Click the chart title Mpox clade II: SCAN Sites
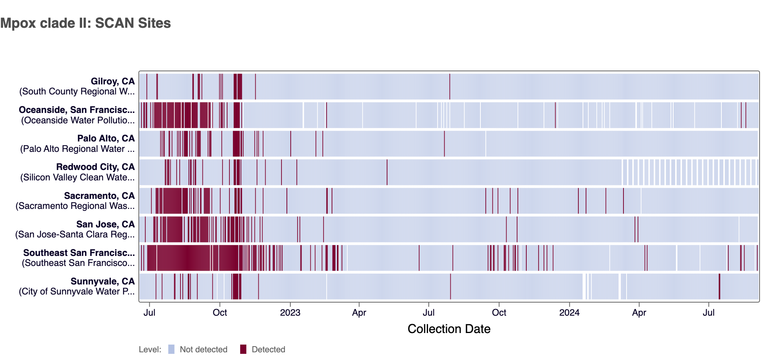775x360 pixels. pos(86,23)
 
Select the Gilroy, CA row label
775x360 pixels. pos(113,81)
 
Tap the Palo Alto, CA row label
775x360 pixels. pos(106,138)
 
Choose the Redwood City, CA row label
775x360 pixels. pos(95,167)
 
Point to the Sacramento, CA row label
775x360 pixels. pos(99,196)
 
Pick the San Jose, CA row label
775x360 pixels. pos(105,224)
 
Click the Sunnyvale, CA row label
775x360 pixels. pos(103,281)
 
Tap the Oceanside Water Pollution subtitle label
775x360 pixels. pos(78,120)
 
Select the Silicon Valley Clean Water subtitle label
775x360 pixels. pos(77,177)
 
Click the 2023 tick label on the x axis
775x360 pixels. pos(290,313)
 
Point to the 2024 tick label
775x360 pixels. pos(569,313)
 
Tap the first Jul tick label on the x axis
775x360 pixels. pos(149,313)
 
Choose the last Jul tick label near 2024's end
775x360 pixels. pos(709,313)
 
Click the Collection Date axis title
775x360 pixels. pos(449,329)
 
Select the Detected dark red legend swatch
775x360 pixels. pos(243,349)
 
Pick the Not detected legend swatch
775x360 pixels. pos(172,349)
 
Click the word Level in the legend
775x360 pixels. pos(150,350)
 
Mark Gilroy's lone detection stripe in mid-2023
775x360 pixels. pos(450,86)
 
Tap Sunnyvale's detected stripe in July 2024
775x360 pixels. pos(719,286)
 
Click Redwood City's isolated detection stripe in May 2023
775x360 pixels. pos(387,172)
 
